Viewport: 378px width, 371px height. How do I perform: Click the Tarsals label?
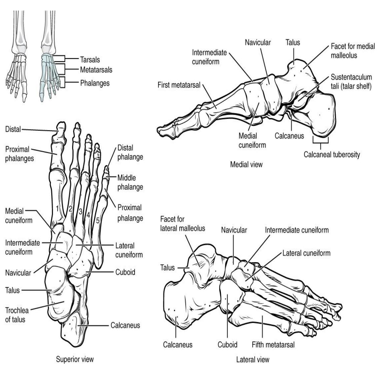[90, 59]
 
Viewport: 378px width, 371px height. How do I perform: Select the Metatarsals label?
[96, 70]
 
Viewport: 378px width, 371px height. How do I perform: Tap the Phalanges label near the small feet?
[95, 83]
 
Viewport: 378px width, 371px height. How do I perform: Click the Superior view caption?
[75, 359]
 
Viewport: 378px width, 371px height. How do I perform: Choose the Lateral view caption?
[253, 360]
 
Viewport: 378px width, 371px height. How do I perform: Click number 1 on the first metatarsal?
[57, 208]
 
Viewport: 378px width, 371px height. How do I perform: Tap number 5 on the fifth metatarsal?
[98, 220]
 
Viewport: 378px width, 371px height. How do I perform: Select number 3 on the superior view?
[80, 212]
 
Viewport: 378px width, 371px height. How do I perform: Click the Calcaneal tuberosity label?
[332, 154]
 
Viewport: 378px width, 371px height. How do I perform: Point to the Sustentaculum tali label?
[351, 82]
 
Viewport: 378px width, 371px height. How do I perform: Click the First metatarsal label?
[179, 85]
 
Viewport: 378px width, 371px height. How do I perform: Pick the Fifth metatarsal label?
[273, 345]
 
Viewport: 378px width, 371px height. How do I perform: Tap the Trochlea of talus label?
[17, 315]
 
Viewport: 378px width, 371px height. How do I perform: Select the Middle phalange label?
[130, 182]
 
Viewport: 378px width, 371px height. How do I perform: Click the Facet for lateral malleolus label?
[183, 224]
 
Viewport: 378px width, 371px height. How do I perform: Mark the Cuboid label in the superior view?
[125, 272]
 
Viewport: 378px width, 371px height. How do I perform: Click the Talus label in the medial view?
[293, 42]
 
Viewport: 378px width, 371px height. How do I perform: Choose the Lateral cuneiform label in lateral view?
[306, 253]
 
